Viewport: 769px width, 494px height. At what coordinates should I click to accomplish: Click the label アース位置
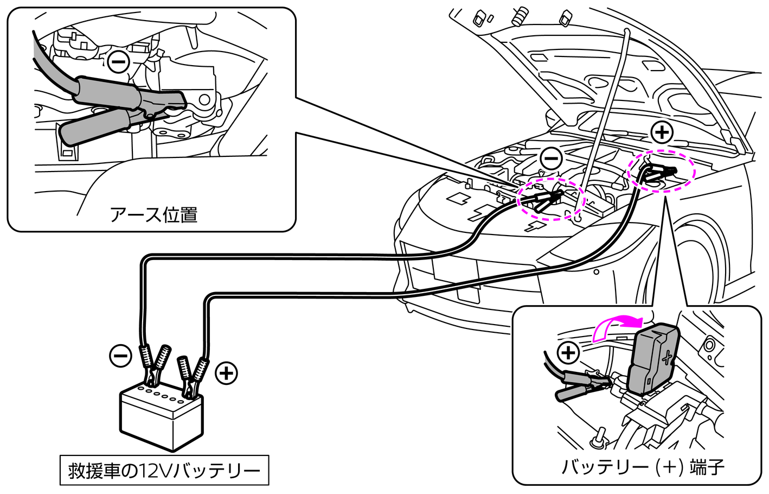153,215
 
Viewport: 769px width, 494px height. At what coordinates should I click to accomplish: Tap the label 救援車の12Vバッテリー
164,470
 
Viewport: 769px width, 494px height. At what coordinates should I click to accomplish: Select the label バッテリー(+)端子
643,466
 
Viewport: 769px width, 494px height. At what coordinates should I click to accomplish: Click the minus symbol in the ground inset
117,61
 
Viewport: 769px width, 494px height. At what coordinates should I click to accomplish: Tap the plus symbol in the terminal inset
568,353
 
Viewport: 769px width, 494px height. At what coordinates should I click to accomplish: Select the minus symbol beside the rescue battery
120,356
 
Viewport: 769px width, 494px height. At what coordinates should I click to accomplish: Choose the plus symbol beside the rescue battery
226,373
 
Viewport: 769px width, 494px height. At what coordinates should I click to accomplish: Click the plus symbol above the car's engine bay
661,132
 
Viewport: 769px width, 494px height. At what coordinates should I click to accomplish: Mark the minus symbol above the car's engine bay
551,158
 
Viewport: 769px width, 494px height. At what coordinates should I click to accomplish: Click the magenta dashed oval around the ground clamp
551,198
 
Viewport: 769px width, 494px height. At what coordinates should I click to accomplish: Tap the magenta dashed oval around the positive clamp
661,170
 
